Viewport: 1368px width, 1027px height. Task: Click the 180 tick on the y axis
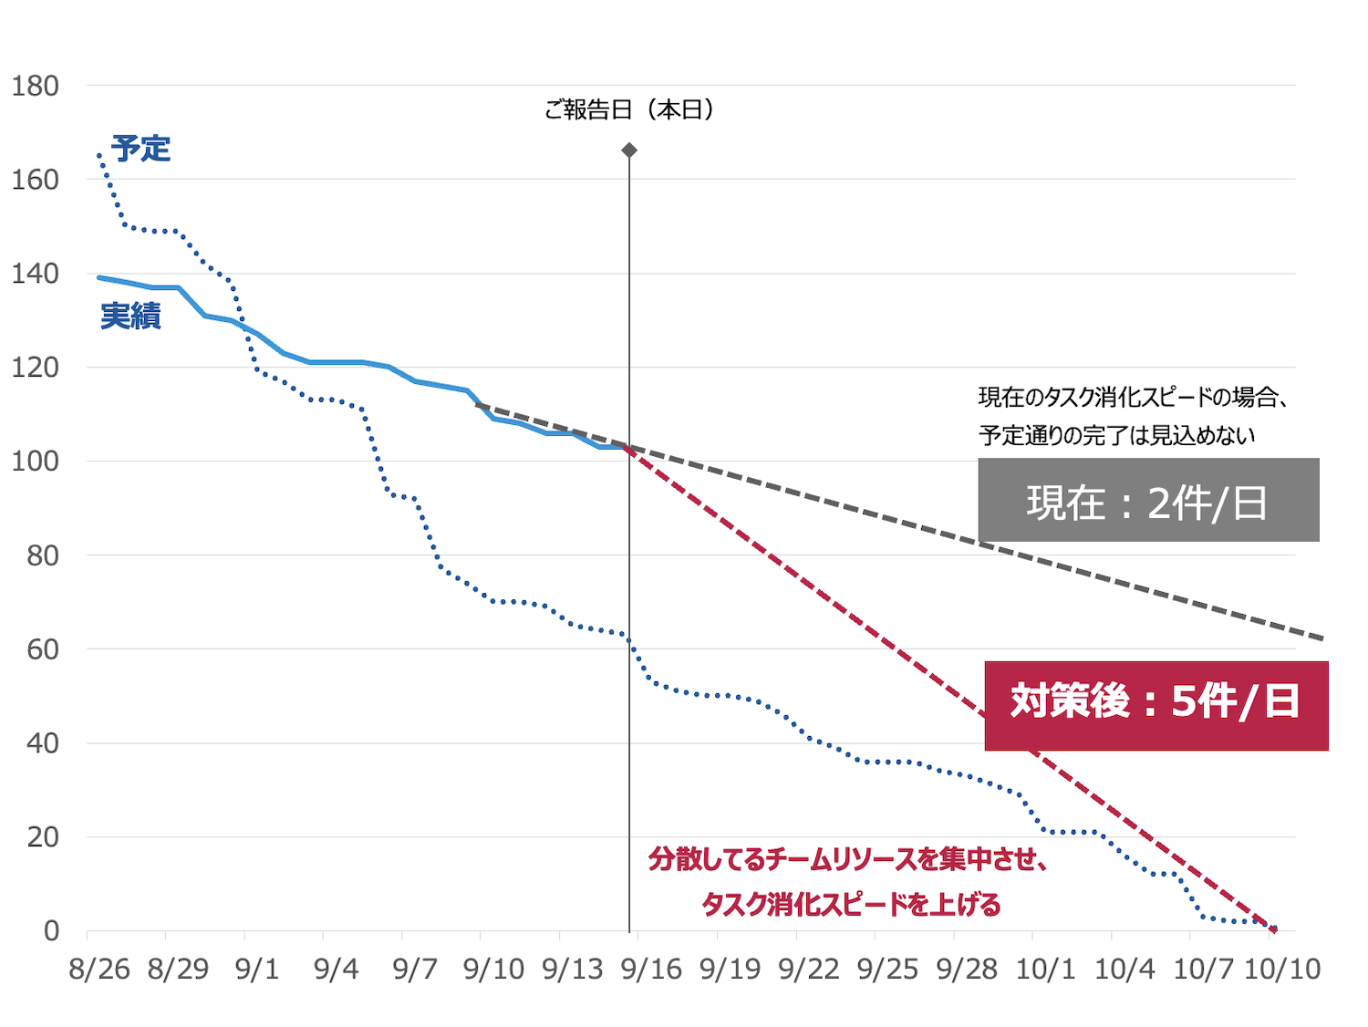35,87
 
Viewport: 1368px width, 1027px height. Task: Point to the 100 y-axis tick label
35,462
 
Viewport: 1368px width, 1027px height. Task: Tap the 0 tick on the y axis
51,931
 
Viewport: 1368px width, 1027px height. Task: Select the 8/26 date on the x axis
99,969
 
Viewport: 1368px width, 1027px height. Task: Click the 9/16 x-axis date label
651,969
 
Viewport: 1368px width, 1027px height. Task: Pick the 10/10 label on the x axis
1282,969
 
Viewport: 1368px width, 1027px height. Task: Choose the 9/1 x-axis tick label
257,969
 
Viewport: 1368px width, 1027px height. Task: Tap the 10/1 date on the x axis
1045,969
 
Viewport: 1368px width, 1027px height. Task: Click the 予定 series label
141,149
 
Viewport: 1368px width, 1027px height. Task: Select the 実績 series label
130,316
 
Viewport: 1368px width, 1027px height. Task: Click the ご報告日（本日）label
629,110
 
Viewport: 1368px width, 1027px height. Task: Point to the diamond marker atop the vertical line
629,150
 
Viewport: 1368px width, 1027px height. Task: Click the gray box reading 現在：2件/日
1148,500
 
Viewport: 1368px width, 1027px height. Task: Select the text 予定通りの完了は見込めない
1116,435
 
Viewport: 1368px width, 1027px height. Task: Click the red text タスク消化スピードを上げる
851,904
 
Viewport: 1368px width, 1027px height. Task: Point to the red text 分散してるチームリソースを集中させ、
847,858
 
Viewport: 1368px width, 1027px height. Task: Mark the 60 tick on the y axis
43,649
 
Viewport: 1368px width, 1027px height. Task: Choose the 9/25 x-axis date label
887,969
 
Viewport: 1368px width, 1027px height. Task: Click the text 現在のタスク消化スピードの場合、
1133,397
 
